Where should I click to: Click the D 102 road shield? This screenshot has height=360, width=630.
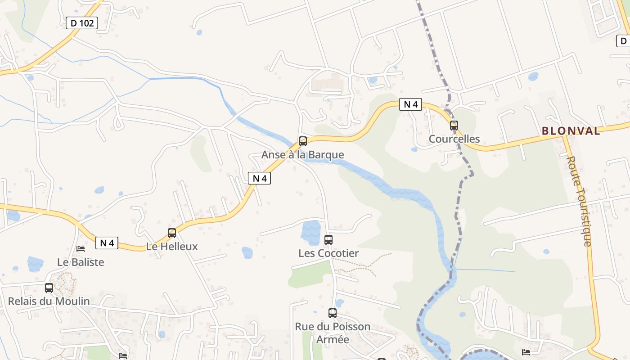pos(82,23)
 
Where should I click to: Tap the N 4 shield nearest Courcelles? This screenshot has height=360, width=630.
pos(410,104)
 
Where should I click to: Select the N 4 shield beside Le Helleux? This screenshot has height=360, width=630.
pos(107,243)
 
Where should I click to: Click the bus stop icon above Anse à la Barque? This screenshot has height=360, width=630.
pos(303,141)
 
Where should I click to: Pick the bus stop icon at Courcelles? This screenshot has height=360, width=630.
pos(454,126)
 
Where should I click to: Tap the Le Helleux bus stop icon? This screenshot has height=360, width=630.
pos(172,233)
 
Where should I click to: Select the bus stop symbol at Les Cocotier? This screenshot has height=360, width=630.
pos(328,240)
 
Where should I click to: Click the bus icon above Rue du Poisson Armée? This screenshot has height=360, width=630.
pos(333,313)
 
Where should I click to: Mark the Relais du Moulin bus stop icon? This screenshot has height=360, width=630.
pos(49,288)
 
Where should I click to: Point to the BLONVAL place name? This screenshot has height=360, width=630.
pos(571,131)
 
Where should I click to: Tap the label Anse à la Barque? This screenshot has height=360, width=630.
pos(302,155)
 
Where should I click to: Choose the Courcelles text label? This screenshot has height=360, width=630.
pos(454,139)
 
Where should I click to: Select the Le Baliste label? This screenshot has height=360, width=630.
pos(81,262)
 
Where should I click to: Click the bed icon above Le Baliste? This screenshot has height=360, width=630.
pos(81,248)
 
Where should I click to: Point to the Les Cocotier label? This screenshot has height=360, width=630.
pos(328,253)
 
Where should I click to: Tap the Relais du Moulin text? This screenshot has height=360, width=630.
pos(49,301)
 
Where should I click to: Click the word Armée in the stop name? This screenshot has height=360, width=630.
pos(333,339)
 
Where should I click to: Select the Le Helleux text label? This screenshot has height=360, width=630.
pos(172,247)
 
